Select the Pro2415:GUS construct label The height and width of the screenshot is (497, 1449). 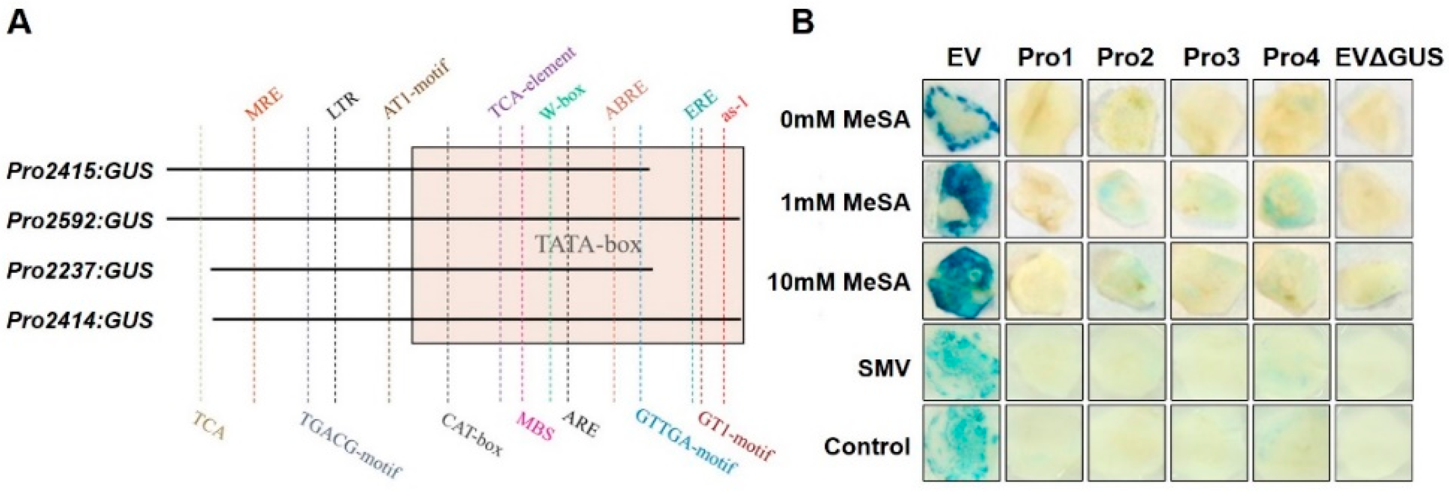tap(80, 171)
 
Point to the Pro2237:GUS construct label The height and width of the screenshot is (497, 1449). tap(80, 270)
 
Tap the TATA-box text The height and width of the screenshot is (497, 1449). tap(588, 244)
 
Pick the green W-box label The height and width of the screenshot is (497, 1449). tap(562, 101)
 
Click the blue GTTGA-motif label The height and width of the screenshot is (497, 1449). tap(685, 442)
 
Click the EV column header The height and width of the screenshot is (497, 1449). tap(963, 57)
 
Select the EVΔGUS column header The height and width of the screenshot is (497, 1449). tap(1390, 57)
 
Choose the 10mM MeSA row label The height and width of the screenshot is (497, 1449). tap(838, 282)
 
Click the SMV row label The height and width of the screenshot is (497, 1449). tap(883, 368)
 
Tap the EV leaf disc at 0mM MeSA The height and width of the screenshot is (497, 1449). tap(961, 118)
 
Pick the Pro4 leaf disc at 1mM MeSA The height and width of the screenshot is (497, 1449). tap(1291, 199)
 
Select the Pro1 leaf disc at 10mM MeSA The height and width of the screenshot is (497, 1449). tap(1043, 281)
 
